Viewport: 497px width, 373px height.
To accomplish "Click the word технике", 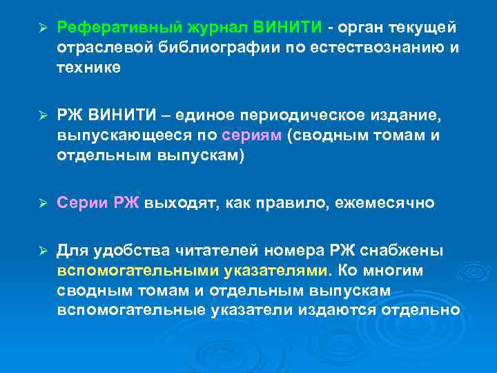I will click(88, 67).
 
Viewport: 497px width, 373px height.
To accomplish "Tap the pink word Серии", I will click(81, 202).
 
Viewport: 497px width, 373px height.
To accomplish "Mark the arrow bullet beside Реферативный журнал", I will click(41, 28).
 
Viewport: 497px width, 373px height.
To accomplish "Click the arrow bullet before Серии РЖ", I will click(41, 203).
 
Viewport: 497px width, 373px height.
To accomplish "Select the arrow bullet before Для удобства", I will click(41, 250).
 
